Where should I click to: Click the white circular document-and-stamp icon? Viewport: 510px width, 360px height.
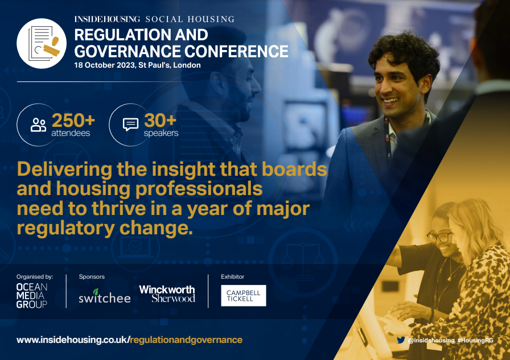click(x=42, y=43)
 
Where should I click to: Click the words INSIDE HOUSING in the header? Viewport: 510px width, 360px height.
click(x=107, y=19)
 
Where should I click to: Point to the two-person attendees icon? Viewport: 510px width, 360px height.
click(x=38, y=125)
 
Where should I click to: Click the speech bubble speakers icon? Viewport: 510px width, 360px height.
click(x=130, y=125)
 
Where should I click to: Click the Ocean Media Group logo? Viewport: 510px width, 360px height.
click(x=32, y=295)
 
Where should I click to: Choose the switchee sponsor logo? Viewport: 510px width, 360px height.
click(x=104, y=296)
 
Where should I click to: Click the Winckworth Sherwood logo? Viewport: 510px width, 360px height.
click(x=167, y=293)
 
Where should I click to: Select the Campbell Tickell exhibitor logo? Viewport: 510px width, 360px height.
click(x=243, y=296)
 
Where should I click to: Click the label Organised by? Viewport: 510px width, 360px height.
click(x=35, y=277)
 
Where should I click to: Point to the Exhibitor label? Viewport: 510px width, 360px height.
click(x=233, y=277)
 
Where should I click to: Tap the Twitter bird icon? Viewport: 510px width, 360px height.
click(x=401, y=340)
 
